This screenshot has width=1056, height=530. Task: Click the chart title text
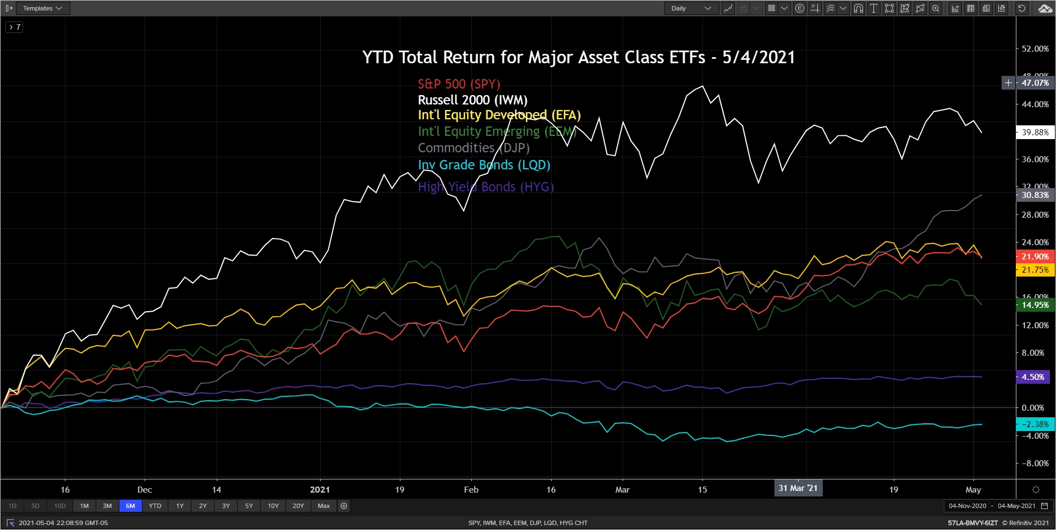coord(579,57)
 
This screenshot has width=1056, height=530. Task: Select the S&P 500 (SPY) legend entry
coord(459,84)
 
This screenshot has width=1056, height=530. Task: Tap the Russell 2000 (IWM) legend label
coord(472,100)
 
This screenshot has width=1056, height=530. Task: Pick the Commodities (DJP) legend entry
coord(474,148)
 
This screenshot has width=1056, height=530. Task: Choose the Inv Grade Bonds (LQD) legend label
coord(484,165)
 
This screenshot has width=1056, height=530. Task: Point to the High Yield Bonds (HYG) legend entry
coord(486,187)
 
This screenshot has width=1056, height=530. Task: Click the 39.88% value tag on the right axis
coord(1035,132)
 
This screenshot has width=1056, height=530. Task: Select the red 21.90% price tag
coord(1035,257)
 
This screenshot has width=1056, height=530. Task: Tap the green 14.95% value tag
coord(1035,305)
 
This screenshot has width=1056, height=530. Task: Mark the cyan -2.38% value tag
coord(1035,424)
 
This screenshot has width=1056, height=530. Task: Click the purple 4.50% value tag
coord(1033,377)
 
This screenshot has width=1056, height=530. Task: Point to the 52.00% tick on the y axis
coord(1035,49)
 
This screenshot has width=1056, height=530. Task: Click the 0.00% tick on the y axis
coord(1032,408)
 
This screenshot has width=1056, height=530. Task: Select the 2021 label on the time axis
coord(320,490)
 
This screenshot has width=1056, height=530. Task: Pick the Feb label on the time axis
coord(471,490)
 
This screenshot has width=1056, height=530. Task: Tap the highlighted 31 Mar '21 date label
coord(798,488)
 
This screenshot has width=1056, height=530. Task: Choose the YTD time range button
coord(155,506)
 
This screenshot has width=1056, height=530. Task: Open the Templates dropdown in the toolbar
coord(42,8)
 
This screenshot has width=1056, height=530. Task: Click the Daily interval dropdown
coord(691,8)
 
